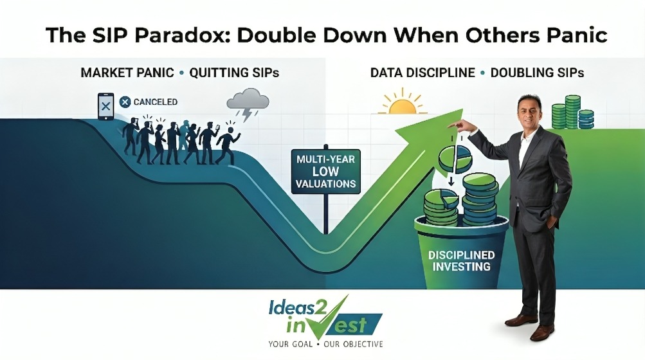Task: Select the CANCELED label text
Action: [156, 102]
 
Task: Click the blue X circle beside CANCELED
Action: [125, 102]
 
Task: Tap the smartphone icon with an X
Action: [105, 107]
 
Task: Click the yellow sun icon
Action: [403, 103]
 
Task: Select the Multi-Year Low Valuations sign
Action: [325, 171]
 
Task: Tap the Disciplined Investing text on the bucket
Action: [461, 261]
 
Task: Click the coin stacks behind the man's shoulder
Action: [572, 112]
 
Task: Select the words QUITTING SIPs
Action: [234, 73]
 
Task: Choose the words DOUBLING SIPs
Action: [537, 73]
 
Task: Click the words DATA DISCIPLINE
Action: [422, 73]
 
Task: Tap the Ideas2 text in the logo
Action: [298, 308]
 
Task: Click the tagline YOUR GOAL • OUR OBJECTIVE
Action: [325, 343]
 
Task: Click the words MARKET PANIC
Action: [127, 73]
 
